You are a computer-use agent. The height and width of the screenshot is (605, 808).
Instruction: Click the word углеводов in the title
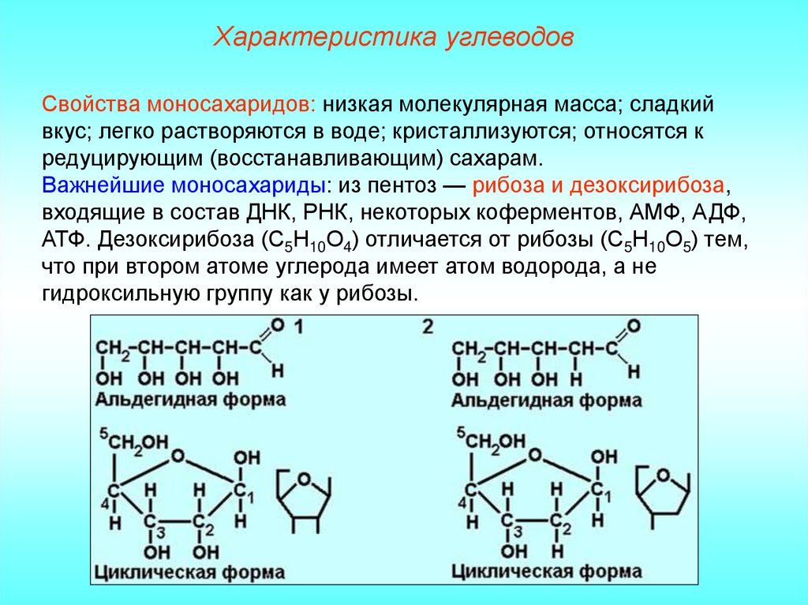478,37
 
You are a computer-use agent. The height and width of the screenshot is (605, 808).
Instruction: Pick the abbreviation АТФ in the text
65,241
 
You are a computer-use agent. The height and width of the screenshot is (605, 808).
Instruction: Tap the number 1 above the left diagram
301,327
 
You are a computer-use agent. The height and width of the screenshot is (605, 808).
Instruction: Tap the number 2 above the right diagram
428,327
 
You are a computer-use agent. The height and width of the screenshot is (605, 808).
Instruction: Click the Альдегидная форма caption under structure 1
191,400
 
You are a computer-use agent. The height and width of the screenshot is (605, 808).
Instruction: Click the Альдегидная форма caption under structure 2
547,400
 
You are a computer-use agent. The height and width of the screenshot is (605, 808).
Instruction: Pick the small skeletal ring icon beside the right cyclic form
660,494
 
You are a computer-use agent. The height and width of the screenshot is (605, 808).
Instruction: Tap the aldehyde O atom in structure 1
275,324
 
